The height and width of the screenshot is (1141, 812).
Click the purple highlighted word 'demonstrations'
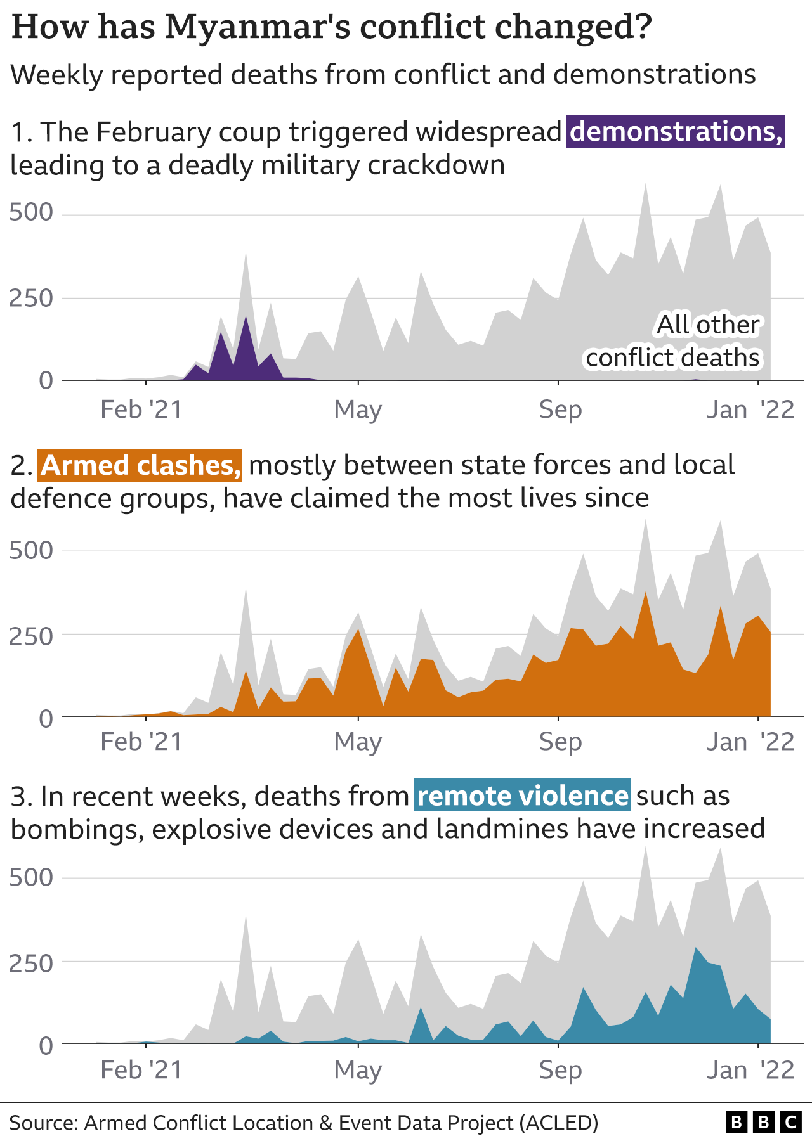(x=675, y=132)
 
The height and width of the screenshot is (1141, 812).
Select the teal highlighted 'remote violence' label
(x=522, y=796)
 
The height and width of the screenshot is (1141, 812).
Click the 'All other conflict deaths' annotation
(x=674, y=341)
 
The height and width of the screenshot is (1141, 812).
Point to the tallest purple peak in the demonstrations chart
(x=246, y=317)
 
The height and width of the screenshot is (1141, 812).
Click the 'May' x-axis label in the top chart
(x=358, y=410)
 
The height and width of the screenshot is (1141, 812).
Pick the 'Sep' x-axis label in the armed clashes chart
(x=560, y=742)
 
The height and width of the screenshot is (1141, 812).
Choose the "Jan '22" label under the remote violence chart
(x=750, y=1071)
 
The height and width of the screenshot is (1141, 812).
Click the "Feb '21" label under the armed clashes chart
(x=141, y=742)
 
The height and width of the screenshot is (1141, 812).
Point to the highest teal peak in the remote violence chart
(x=696, y=948)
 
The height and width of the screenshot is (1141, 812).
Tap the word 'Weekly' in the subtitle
(x=56, y=75)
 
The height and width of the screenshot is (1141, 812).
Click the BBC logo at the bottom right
(x=763, y=1123)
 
